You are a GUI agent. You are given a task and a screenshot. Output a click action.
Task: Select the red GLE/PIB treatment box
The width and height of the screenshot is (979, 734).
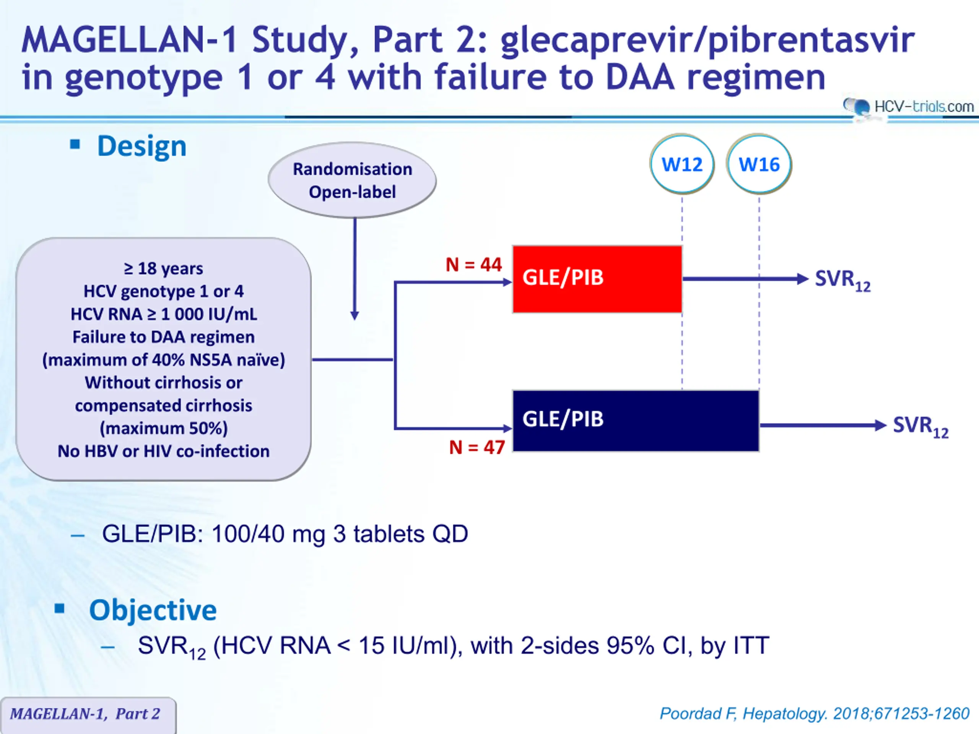(597, 279)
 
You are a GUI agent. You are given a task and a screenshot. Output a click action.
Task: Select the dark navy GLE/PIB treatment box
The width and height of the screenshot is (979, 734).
(636, 421)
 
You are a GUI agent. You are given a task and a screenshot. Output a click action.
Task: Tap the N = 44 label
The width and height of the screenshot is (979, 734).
(473, 265)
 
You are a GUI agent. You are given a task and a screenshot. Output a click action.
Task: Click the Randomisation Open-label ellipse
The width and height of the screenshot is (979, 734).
(352, 180)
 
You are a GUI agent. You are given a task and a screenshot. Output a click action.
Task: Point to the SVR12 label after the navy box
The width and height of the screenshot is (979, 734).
(920, 427)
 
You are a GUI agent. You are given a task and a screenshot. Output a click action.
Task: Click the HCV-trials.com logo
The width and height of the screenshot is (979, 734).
(908, 107)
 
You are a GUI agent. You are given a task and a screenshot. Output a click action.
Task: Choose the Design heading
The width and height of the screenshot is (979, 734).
(141, 146)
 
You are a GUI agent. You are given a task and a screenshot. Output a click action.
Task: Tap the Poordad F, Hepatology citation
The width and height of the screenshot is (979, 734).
(814, 714)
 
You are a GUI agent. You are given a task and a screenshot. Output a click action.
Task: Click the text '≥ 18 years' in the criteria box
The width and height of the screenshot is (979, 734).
(163, 268)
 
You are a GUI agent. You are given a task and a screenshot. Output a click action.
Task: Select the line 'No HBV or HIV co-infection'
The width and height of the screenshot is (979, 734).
(163, 451)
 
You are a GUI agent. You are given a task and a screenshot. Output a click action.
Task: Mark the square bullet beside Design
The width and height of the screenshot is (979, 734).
(75, 144)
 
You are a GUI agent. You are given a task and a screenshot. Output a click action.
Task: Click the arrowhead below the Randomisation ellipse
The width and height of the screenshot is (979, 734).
(355, 315)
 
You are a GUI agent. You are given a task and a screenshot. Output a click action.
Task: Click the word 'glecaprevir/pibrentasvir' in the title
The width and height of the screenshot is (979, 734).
(707, 41)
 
